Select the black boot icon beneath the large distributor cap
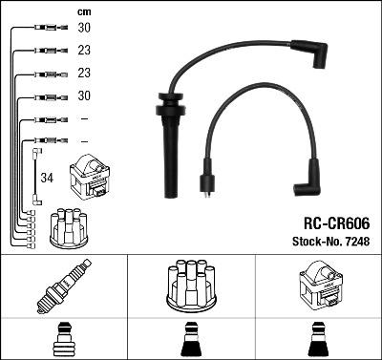pos(192,340)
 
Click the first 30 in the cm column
pos(84,29)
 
